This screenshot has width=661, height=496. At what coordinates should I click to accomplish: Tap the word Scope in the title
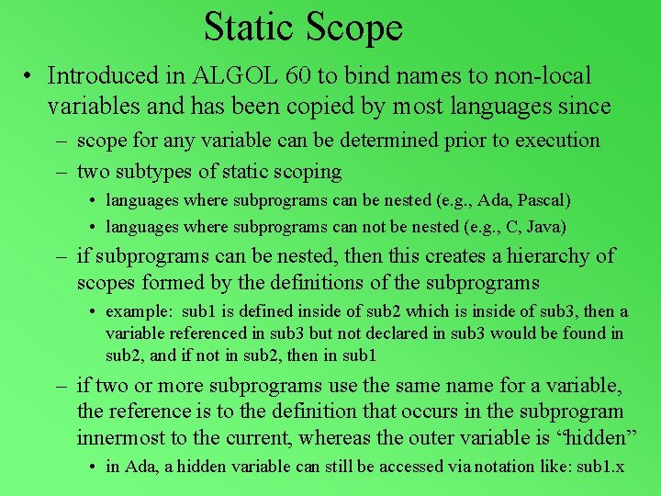[x=354, y=27]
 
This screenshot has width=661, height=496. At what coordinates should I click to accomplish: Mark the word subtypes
[x=159, y=171]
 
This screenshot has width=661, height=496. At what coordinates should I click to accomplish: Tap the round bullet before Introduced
[x=30, y=76]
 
